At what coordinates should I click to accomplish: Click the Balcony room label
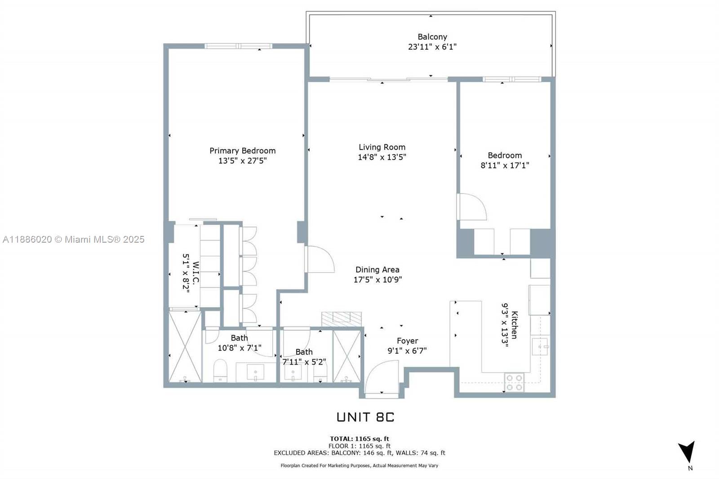tap(432, 37)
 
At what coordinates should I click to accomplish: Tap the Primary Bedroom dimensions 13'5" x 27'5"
tap(243, 161)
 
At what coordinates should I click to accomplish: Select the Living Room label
tap(382, 147)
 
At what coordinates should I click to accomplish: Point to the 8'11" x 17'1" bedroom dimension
tap(505, 165)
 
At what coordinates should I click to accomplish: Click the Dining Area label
tap(377, 270)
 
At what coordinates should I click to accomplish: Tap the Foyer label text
tap(407, 341)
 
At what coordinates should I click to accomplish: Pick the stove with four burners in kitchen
tap(515, 382)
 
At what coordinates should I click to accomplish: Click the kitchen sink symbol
tap(540, 346)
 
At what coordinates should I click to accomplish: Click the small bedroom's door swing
tap(472, 207)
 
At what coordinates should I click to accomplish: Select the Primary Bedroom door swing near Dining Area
tap(320, 259)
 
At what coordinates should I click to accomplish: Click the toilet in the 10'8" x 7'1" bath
tap(221, 371)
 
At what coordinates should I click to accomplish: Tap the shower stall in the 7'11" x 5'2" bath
tap(346, 356)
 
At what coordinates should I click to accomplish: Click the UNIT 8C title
tap(365, 417)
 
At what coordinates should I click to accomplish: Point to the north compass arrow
tap(687, 452)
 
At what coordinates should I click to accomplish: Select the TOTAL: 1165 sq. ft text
tap(359, 439)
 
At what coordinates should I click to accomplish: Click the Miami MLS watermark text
tap(74, 239)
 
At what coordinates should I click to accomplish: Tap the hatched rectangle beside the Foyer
tap(342, 319)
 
